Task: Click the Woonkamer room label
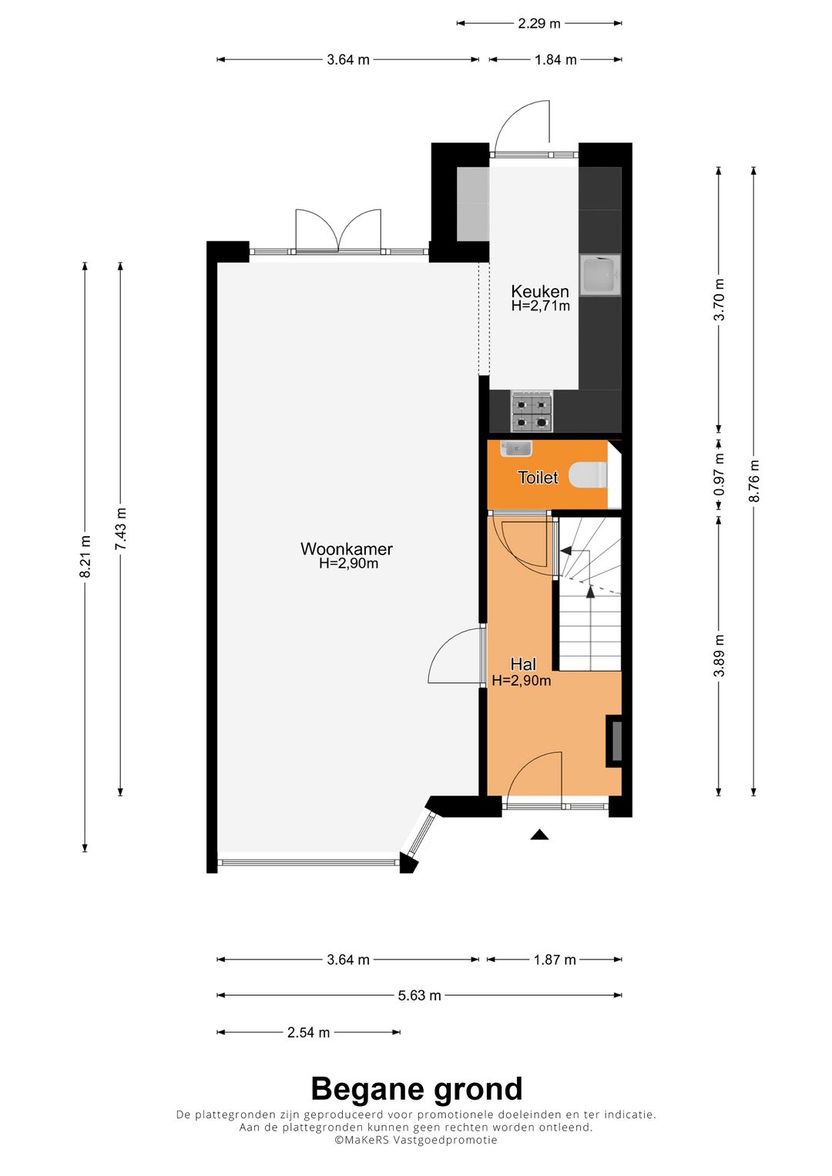[347, 549]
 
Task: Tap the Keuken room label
[540, 291]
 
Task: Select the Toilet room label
[538, 477]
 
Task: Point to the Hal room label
[523, 664]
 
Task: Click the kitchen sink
[600, 275]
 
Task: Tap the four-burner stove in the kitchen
[532, 411]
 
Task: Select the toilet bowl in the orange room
[589, 475]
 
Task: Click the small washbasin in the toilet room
[515, 447]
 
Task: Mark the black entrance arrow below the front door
[539, 834]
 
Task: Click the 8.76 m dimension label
[754, 481]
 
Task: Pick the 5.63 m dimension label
[419, 995]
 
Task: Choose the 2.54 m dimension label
[308, 1032]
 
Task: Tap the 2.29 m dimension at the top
[538, 23]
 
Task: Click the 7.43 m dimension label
[120, 528]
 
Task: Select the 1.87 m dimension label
[555, 960]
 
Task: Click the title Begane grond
[416, 1089]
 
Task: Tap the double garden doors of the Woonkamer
[338, 231]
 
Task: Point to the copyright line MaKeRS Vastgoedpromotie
[416, 1140]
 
